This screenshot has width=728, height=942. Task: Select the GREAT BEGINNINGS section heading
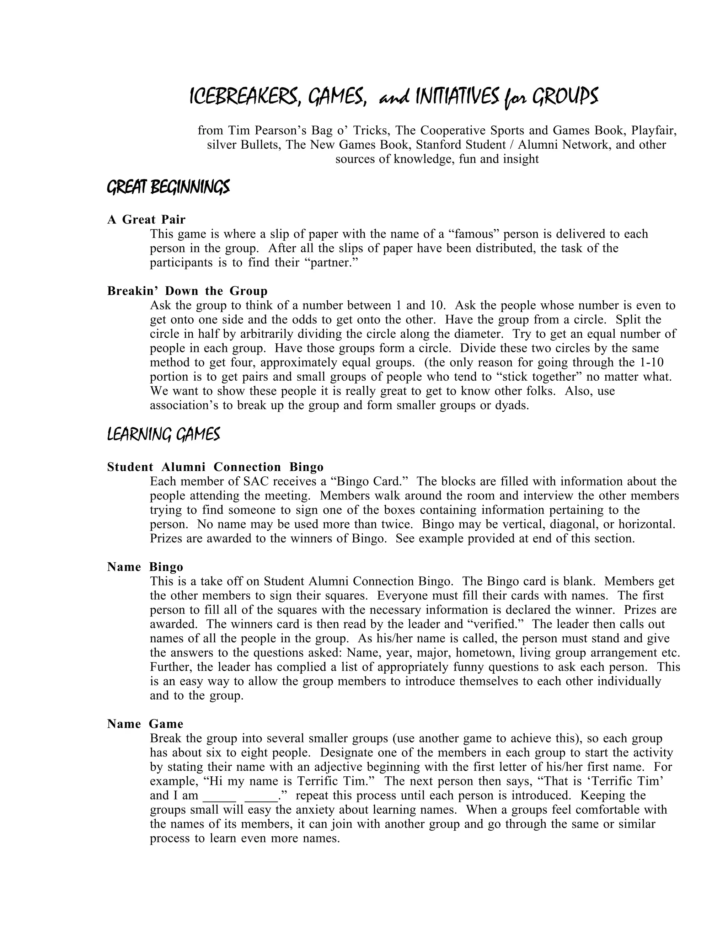(168, 187)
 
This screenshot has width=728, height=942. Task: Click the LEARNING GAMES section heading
(164, 434)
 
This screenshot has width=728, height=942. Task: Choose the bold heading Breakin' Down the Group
(187, 291)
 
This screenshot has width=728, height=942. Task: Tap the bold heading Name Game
(145, 724)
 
